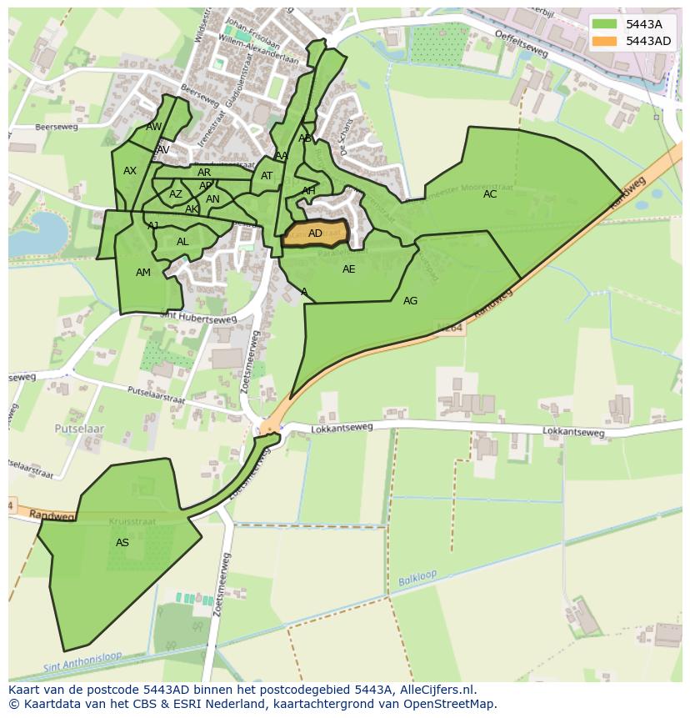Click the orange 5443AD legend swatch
tap(606, 41)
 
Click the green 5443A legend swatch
tap(606, 24)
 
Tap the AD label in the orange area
tap(315, 233)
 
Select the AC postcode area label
tap(490, 194)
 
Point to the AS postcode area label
tap(122, 543)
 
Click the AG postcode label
tap(410, 301)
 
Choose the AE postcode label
tap(348, 269)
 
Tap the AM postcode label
tap(143, 273)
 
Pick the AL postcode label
tap(182, 243)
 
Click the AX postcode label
tap(130, 171)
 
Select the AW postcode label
tap(154, 127)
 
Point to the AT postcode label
tap(267, 176)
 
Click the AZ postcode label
tap(176, 194)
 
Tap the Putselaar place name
tap(79, 428)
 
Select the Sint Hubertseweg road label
tap(197, 318)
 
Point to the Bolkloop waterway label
tap(417, 579)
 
